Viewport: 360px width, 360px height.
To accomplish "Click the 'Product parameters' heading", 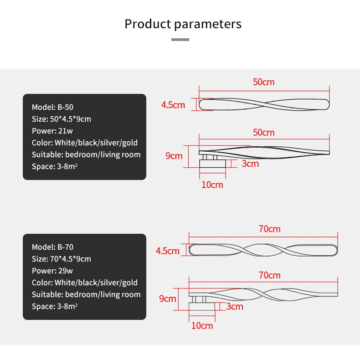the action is click(x=183, y=24).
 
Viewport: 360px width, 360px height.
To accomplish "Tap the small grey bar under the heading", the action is click(x=180, y=40).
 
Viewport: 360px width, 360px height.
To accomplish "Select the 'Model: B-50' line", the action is click(x=52, y=107).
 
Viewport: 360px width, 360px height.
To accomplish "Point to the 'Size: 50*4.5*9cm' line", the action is click(x=61, y=119).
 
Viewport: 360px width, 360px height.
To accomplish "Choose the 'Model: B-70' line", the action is click(x=52, y=247).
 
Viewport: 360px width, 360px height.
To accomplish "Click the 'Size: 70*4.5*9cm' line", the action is click(x=61, y=259).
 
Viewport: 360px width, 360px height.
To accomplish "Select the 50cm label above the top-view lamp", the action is click(x=264, y=82).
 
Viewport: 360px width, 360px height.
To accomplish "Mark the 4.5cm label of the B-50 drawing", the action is click(x=173, y=105).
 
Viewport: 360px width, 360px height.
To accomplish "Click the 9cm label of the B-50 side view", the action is click(x=174, y=156).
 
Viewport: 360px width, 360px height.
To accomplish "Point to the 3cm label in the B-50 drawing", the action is click(x=250, y=163).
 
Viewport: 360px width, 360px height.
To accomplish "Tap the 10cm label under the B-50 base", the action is click(x=212, y=185).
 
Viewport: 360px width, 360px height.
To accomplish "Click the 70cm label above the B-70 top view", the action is click(x=270, y=229).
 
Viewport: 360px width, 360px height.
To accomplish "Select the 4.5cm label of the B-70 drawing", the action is click(x=168, y=251).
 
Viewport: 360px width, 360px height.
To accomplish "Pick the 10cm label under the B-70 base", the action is click(x=202, y=325).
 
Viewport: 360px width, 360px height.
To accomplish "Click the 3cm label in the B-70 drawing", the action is click(x=235, y=306).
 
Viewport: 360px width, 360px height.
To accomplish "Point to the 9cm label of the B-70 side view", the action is click(x=167, y=298).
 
